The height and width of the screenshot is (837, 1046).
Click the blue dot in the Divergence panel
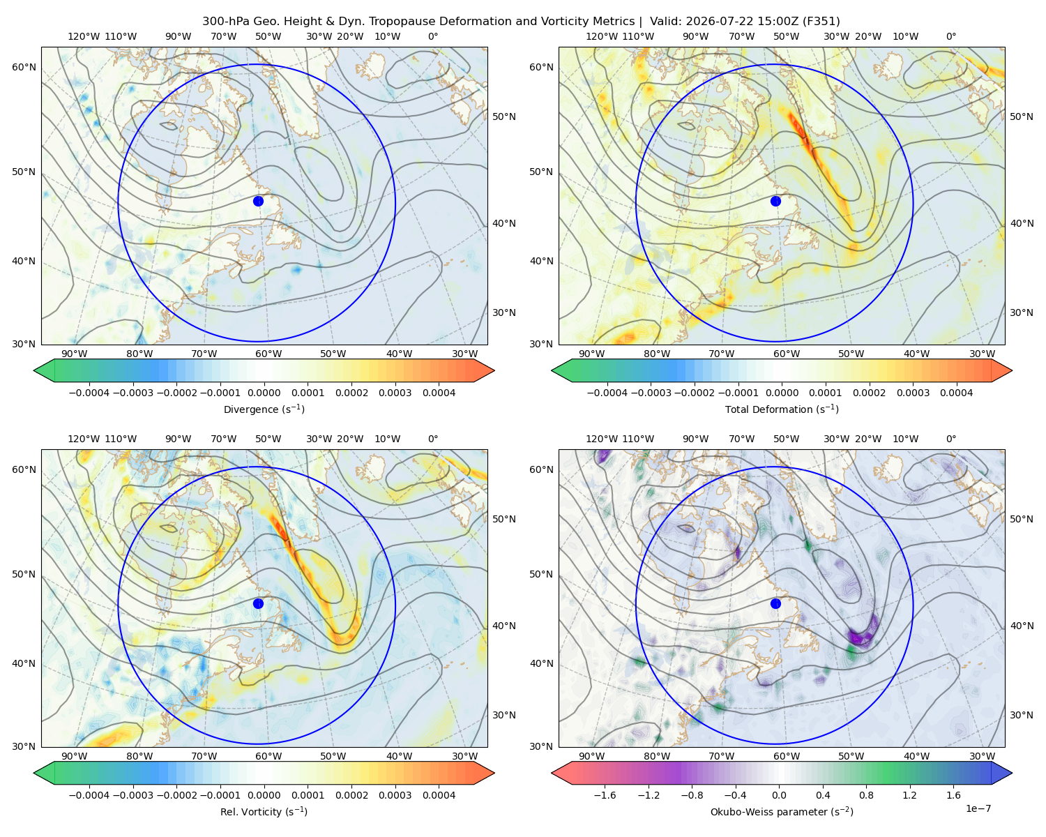click(x=258, y=201)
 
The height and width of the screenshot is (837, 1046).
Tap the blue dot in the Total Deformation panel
click(x=775, y=201)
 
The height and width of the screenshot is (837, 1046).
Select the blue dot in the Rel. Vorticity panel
click(x=258, y=603)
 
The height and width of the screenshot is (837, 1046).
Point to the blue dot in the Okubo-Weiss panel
click(x=775, y=603)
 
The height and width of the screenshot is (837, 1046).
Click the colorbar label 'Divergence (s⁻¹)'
click(x=264, y=409)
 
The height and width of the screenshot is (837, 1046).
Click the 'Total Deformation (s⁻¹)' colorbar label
click(x=782, y=409)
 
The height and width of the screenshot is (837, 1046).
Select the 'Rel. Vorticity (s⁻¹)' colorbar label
click(x=264, y=811)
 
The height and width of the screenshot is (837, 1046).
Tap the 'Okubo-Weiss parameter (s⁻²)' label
click(x=782, y=811)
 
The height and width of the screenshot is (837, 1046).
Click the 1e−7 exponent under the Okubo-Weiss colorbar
click(x=978, y=808)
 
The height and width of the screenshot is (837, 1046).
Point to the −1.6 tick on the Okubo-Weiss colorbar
click(x=605, y=794)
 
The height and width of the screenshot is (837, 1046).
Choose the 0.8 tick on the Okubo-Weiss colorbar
click(x=866, y=794)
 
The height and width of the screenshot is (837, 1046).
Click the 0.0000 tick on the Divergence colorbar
click(x=264, y=393)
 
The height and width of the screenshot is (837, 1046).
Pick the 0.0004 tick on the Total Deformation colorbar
click(x=956, y=393)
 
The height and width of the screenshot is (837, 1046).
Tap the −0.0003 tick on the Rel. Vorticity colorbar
click(x=132, y=794)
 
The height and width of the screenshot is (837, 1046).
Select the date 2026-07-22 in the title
click(x=714, y=22)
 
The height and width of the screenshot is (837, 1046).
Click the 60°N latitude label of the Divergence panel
click(x=24, y=67)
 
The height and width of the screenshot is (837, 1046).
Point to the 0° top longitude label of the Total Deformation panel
click(x=950, y=36)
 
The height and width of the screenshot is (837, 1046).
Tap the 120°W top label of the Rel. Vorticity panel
click(x=84, y=439)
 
